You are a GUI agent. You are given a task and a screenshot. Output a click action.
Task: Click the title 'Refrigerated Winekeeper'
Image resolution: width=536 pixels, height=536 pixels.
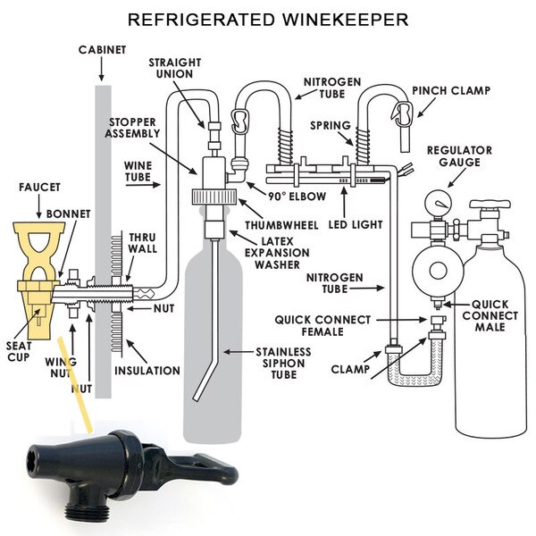[267, 18]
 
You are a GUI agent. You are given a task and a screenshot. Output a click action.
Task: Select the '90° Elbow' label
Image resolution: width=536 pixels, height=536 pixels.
[297, 196]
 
